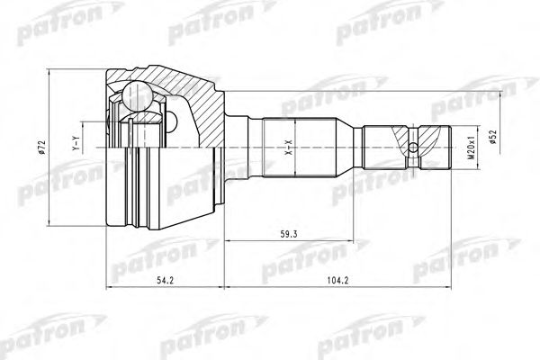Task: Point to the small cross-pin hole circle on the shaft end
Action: coord(412,148)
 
